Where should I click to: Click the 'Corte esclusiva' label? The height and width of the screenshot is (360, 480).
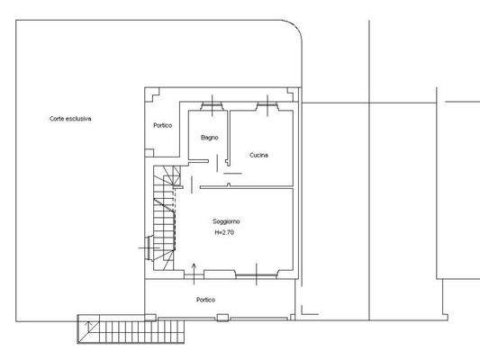pos(71,118)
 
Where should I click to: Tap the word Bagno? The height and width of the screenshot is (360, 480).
pos(209,137)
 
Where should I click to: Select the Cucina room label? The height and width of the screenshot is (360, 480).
pos(258,155)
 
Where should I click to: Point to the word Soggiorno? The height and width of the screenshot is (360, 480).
pos(226,220)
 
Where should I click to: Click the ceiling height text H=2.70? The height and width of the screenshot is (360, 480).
pos(225,232)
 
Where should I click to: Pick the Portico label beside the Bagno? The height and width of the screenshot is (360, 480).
pos(162,125)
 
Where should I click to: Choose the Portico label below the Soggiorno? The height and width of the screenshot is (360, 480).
pos(205,299)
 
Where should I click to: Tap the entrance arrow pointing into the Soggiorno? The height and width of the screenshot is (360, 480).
pos(196,268)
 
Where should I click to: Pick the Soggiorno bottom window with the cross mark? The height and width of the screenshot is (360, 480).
pos(258,272)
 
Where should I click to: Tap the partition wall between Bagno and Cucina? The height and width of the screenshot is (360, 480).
pos(229,135)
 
